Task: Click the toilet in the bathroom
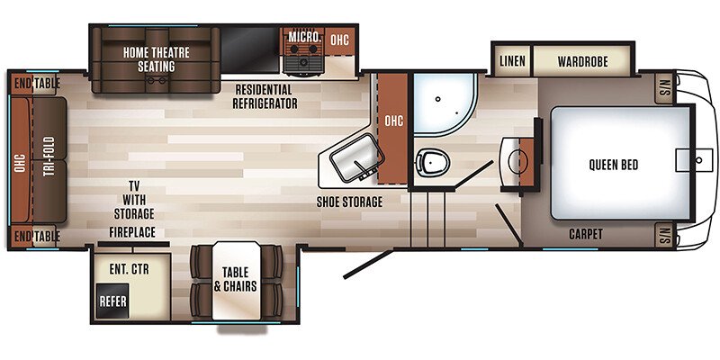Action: (432, 162)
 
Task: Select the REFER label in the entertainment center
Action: (113, 301)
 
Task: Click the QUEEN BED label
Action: (614, 165)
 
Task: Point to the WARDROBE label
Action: (582, 61)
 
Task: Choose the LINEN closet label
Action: (512, 61)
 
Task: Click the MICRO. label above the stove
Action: (304, 37)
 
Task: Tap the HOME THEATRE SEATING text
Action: (156, 59)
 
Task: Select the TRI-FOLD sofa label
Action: (49, 156)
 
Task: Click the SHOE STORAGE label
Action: (349, 202)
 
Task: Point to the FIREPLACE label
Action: (132, 232)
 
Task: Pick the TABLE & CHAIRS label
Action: (235, 279)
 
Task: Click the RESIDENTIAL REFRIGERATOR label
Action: (265, 96)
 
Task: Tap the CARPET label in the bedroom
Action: (586, 234)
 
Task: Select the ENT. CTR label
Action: (129, 269)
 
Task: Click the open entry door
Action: (368, 264)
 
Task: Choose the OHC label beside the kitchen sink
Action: (393, 121)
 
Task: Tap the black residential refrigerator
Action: (250, 49)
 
